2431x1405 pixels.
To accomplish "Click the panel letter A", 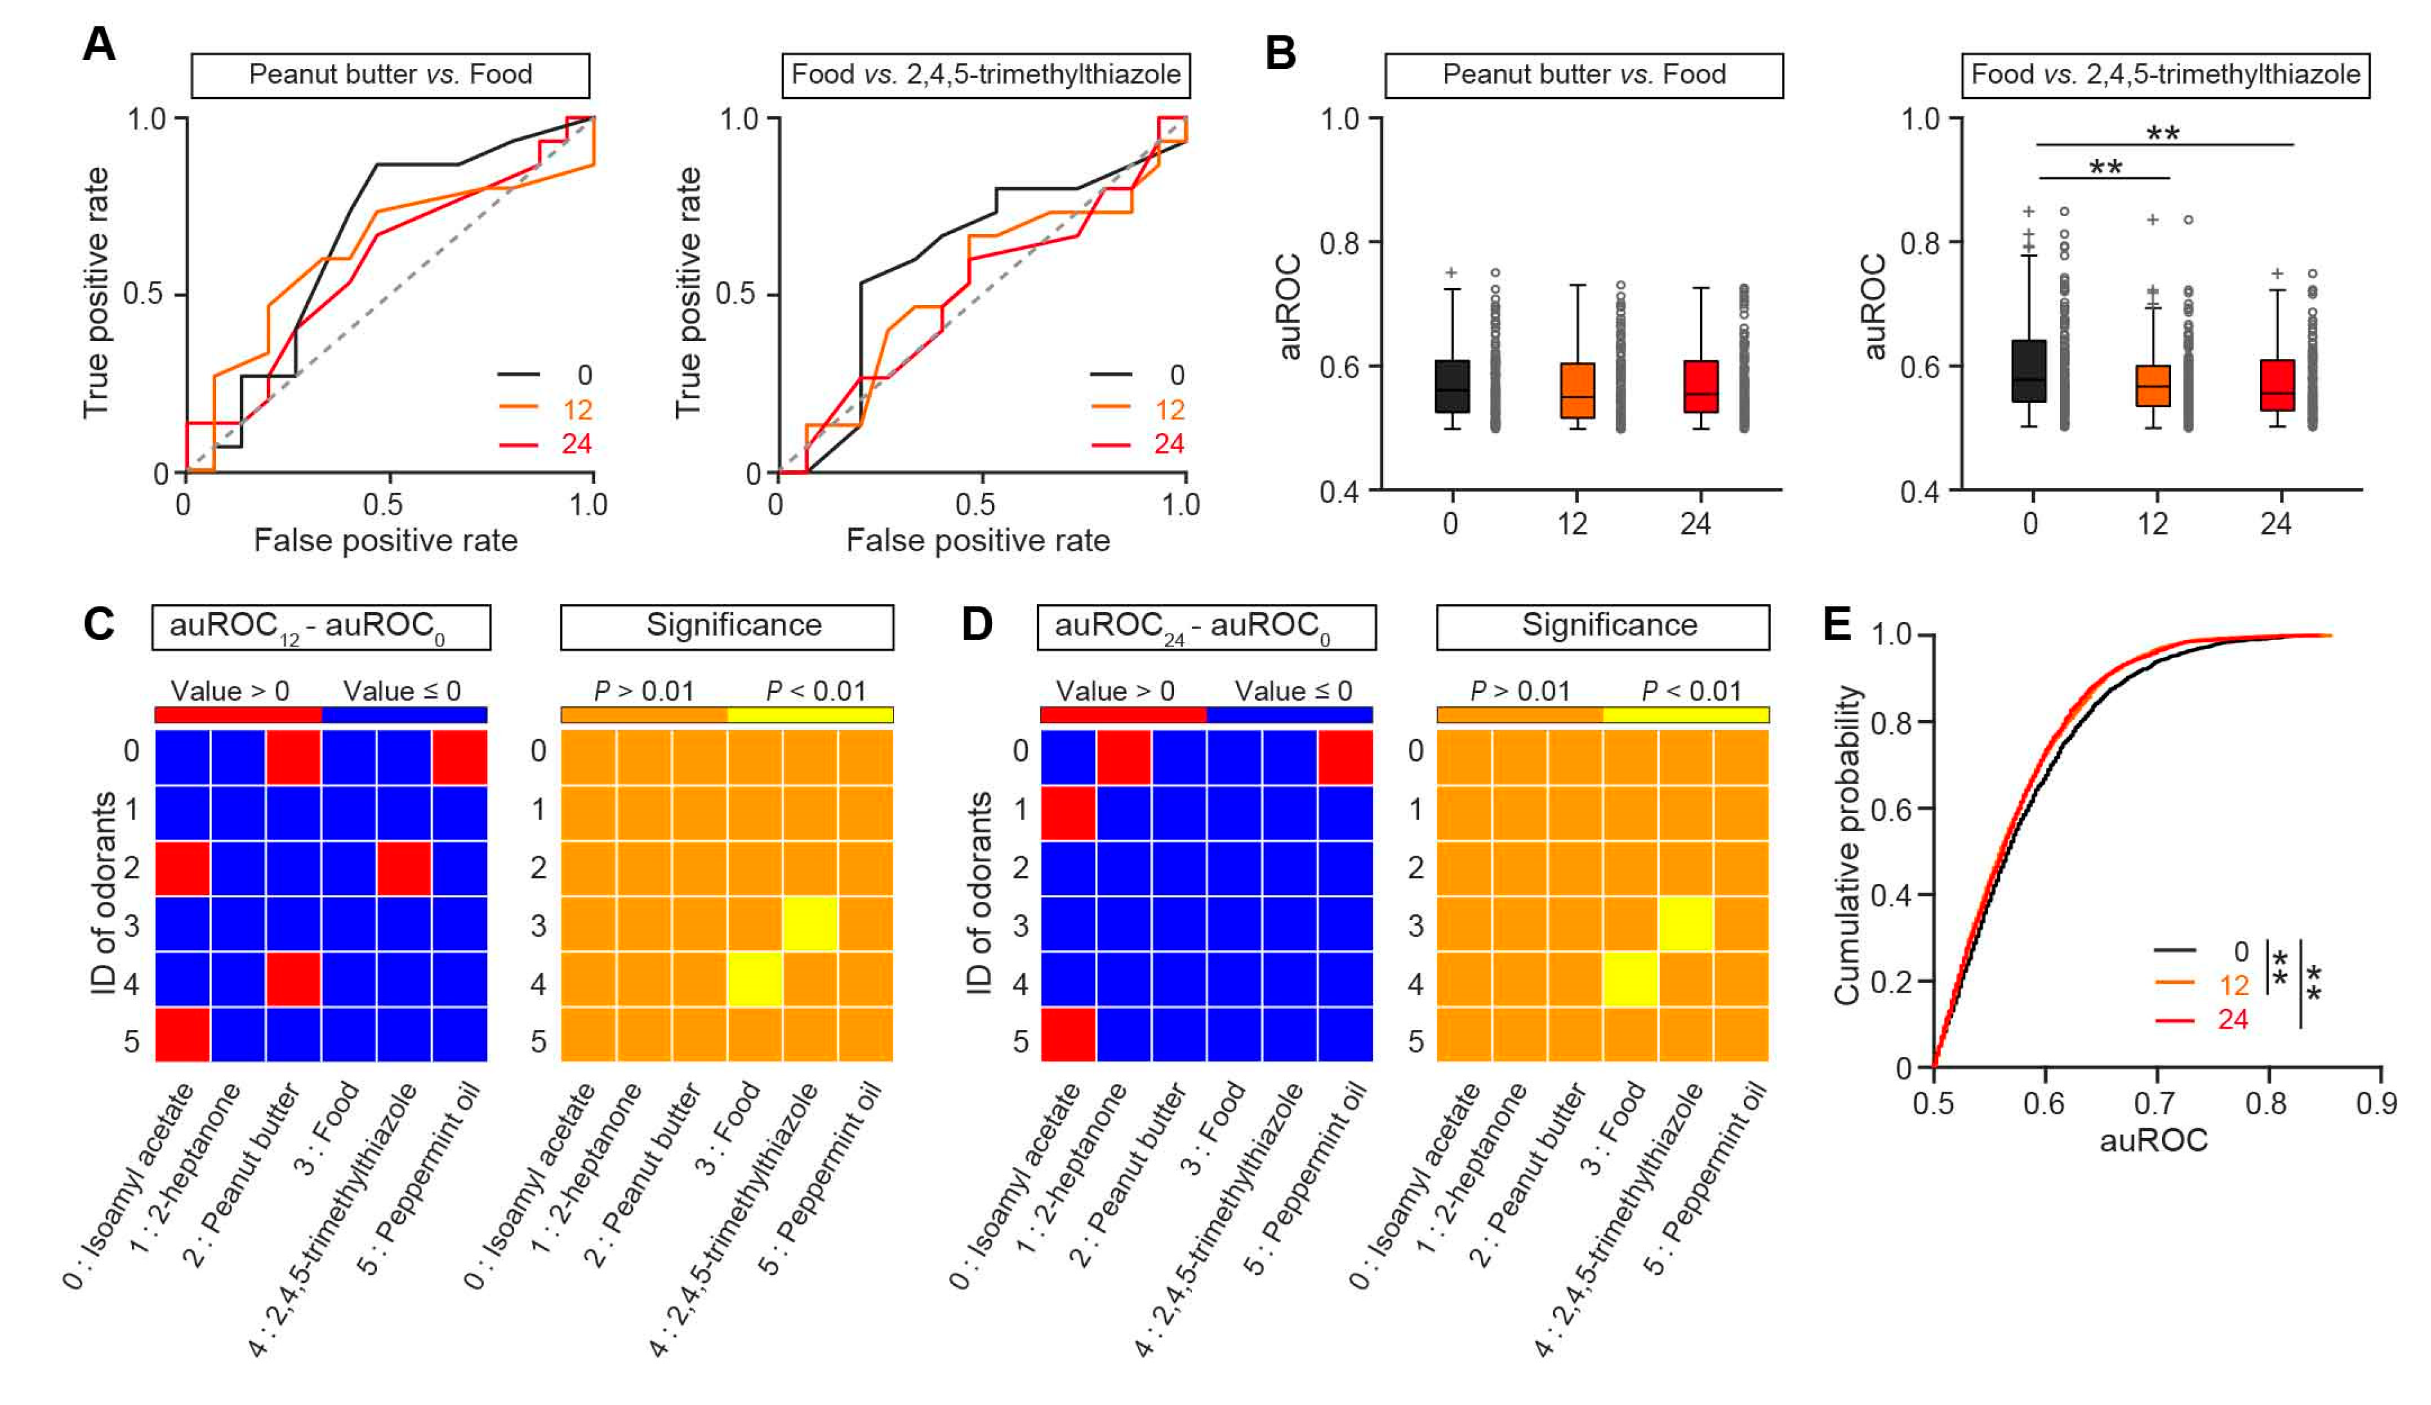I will [99, 44].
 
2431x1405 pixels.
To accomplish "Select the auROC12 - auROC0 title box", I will [320, 627].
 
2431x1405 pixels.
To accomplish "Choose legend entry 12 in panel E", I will [2234, 986].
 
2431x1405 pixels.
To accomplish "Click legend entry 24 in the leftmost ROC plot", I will [576, 444].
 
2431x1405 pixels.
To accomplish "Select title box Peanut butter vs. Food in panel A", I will [390, 75].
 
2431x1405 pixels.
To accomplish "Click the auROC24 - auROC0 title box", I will [1206, 627].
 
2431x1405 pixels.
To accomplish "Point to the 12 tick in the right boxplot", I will [2153, 524].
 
